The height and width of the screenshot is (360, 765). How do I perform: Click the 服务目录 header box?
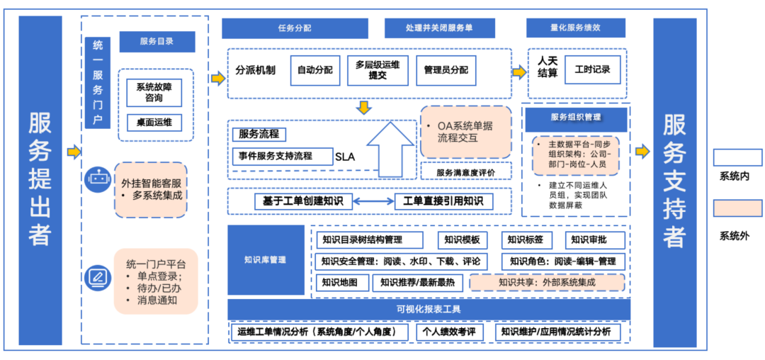point(157,42)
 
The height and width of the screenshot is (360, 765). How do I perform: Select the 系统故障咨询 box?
point(153,92)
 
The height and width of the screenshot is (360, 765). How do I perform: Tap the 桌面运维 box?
point(153,123)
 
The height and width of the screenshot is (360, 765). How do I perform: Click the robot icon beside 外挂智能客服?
point(97,179)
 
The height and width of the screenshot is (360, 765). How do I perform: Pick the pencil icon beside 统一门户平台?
point(97,277)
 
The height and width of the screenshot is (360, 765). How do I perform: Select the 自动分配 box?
point(315,70)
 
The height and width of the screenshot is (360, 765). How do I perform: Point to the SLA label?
point(345,157)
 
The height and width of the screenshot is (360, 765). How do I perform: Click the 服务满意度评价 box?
point(466,171)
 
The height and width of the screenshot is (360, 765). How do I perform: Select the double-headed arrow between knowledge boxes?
point(373,201)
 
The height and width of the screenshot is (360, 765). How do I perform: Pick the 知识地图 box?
point(339,283)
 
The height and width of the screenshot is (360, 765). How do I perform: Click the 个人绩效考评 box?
point(449,332)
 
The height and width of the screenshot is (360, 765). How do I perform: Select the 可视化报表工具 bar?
point(429,309)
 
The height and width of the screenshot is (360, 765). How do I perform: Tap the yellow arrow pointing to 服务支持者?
point(643,151)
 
